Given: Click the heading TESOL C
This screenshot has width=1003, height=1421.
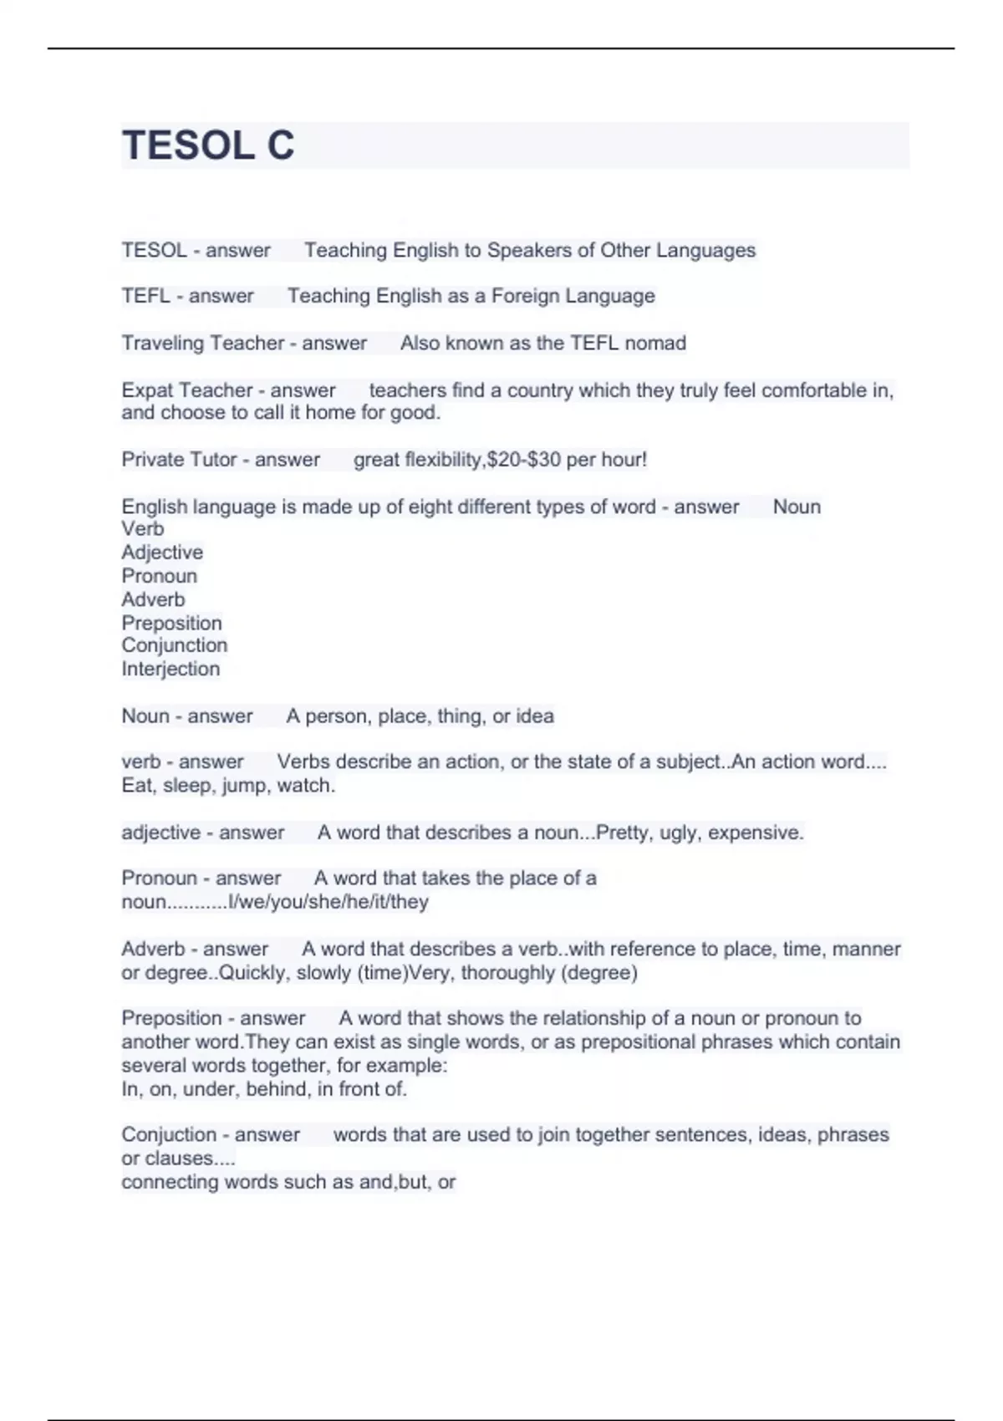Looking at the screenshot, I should (x=208, y=145).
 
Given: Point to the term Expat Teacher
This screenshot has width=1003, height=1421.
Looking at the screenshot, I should (x=186, y=390).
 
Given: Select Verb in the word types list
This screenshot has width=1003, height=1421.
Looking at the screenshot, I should (x=142, y=529).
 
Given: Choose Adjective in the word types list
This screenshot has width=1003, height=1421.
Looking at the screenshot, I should (x=162, y=553).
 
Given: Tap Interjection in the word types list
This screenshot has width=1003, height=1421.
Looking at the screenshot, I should (x=171, y=669).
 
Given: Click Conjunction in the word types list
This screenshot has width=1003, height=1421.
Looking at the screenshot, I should (x=174, y=645).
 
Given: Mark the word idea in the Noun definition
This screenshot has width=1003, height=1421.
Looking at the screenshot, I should (x=534, y=716).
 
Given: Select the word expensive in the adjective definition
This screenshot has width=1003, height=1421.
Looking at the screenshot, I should (x=755, y=833).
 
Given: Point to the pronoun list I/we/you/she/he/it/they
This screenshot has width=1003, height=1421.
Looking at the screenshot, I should (x=328, y=902).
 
